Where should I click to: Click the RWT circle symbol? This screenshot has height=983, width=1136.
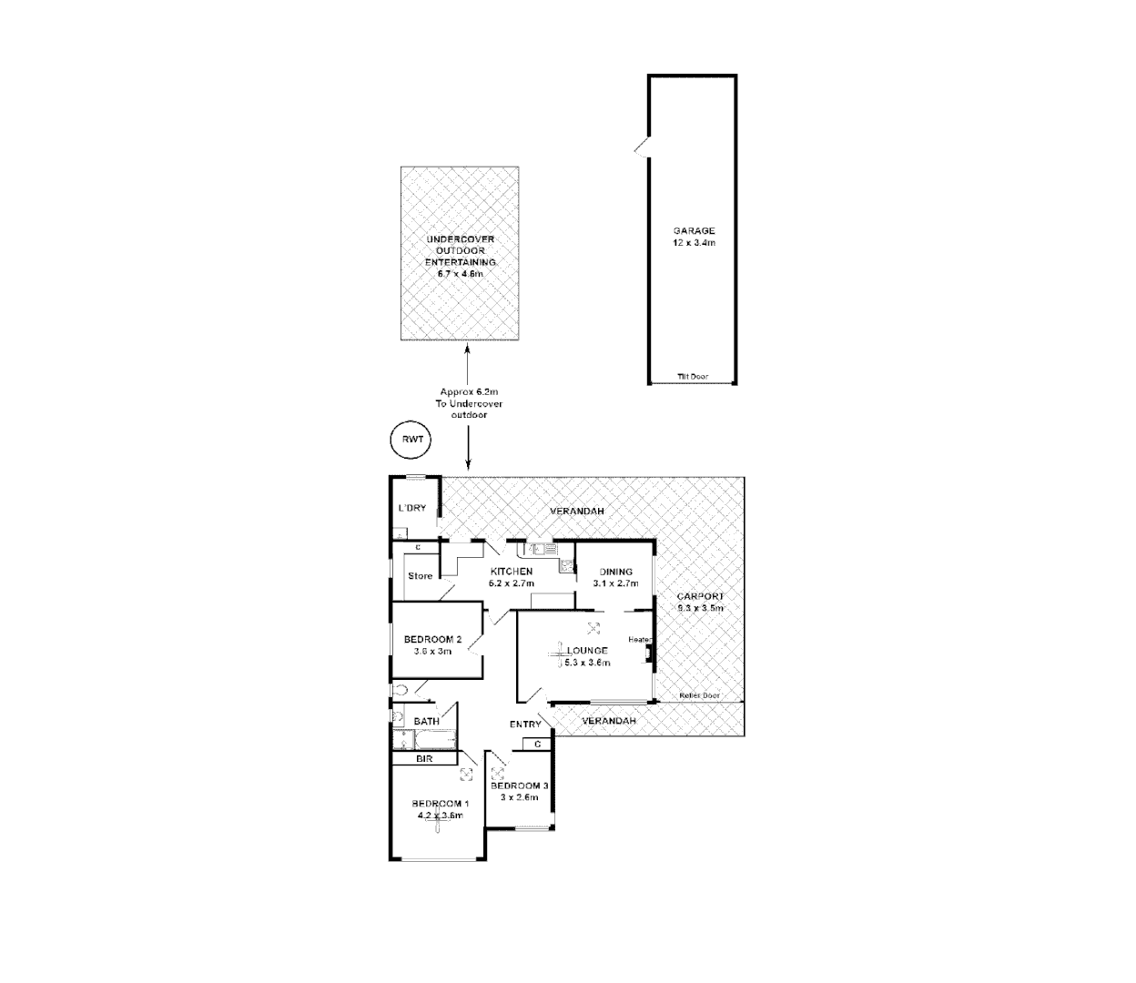pyautogui.click(x=411, y=441)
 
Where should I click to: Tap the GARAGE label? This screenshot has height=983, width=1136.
pyautogui.click(x=695, y=231)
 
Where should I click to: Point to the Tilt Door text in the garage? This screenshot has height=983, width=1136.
pyautogui.click(x=693, y=377)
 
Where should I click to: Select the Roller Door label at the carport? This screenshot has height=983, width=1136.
pyautogui.click(x=700, y=696)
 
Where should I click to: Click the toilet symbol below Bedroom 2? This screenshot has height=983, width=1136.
pyautogui.click(x=401, y=690)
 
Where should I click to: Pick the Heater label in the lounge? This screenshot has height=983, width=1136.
pyautogui.click(x=638, y=640)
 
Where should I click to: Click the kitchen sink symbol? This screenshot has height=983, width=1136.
pyautogui.click(x=538, y=549)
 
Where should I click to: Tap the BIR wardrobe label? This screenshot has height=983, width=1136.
pyautogui.click(x=423, y=758)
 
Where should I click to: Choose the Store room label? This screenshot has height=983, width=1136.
pyautogui.click(x=420, y=576)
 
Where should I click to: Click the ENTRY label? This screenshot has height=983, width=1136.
pyautogui.click(x=525, y=725)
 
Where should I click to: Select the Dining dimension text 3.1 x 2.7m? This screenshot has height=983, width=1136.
pyautogui.click(x=613, y=583)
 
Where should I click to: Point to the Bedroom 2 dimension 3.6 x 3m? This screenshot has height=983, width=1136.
pyautogui.click(x=432, y=651)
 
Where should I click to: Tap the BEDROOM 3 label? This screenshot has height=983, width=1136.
pyautogui.click(x=519, y=785)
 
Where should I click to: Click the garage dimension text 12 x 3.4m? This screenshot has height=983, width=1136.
pyautogui.click(x=695, y=243)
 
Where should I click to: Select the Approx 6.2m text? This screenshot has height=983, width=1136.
pyautogui.click(x=469, y=392)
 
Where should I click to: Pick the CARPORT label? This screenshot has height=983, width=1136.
pyautogui.click(x=700, y=596)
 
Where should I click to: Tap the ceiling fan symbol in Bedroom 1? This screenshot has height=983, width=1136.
pyautogui.click(x=438, y=816)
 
